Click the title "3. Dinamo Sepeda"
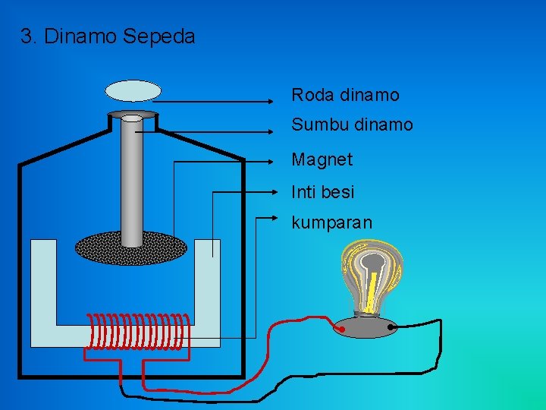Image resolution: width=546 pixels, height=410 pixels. pos(108,36)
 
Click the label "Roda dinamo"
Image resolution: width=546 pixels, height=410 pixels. pos(345,95)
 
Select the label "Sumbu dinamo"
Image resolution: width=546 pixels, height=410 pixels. pos(352,125)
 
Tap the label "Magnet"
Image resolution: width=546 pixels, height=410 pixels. pos(322,160)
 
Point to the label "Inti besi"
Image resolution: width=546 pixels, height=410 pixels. pos(322,192)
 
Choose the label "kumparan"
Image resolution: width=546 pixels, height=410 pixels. pos(331,222)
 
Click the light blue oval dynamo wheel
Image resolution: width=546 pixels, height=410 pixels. pos(133,90)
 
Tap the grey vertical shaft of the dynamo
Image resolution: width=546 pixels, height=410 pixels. pos(132,182)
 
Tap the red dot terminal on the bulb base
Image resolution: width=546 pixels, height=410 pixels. pos(342,330)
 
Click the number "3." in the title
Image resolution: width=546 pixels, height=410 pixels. pos(30,36)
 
